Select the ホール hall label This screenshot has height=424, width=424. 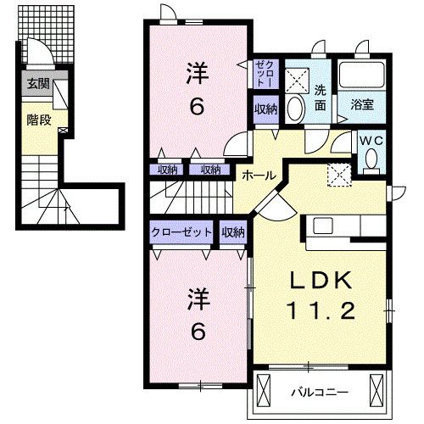pos(258,175)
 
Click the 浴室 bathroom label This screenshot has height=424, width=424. pos(363,105)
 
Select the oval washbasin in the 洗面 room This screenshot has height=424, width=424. pos(295,108)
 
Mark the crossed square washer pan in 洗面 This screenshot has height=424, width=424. pos(297,78)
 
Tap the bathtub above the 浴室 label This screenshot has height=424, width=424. pos(363,76)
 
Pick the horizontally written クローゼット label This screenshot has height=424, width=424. pos(182,232)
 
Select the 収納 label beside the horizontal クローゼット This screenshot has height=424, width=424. pos(233,232)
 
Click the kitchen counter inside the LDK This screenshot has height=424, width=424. pos(348,226)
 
